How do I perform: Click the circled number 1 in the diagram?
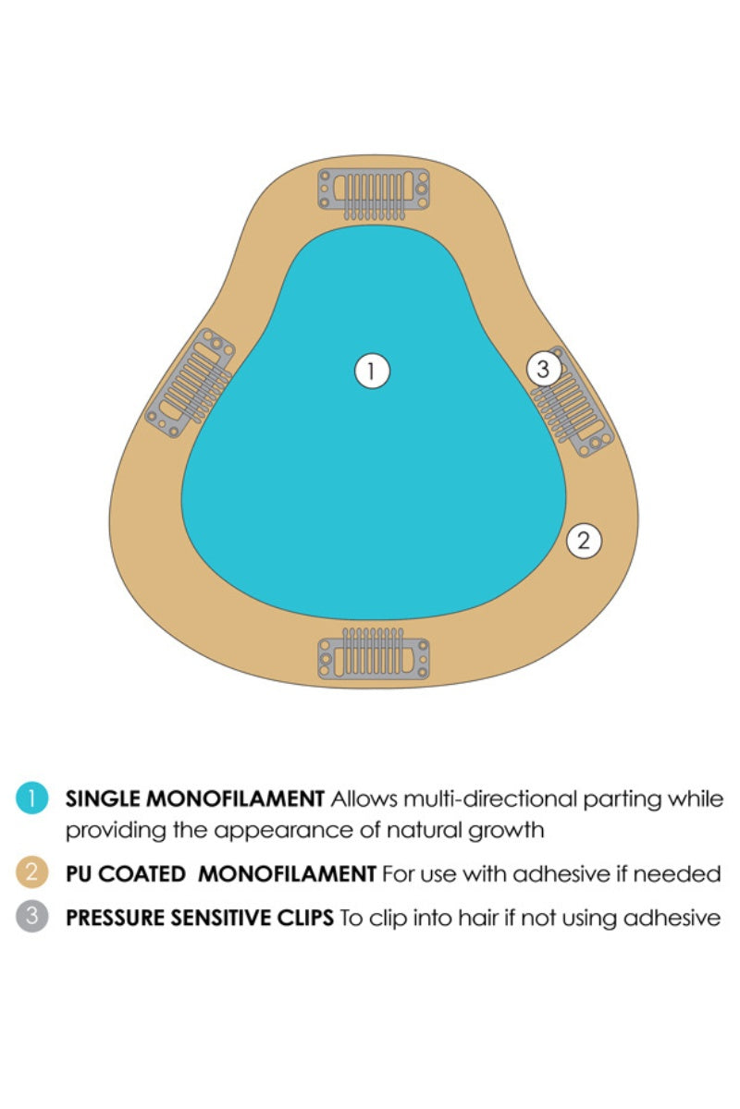pos(372,372)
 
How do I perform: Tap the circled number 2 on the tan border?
pos(584,541)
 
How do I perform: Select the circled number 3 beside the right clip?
pos(544,370)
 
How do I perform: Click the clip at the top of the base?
pos(374,191)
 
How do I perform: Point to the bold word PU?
pos(78,874)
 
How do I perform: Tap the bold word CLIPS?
pos(302,920)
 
